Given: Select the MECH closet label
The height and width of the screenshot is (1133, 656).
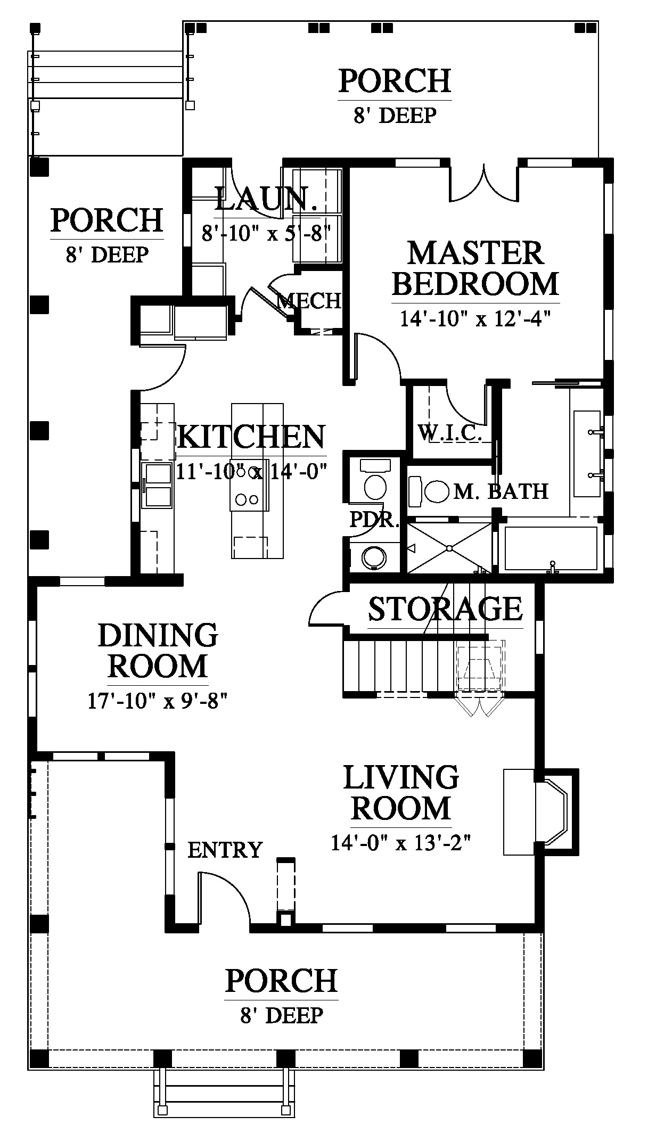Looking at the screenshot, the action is [x=309, y=301].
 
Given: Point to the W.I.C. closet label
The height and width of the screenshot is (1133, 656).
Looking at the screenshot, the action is [x=450, y=433].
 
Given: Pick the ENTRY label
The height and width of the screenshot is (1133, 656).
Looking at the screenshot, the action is [x=225, y=850].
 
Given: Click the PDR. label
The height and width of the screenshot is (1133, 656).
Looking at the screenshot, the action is [x=374, y=519].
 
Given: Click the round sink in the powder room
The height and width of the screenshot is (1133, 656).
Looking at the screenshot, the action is [x=375, y=557].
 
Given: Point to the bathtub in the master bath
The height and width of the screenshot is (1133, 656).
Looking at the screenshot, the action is [x=551, y=548].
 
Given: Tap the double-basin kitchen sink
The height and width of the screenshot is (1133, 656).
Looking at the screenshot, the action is [x=157, y=486].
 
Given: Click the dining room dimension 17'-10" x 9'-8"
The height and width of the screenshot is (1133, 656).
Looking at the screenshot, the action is [x=158, y=701].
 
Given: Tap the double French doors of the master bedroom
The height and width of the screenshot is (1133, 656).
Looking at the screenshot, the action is [x=484, y=184].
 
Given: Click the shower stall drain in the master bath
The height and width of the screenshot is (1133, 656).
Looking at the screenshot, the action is [x=450, y=548].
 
